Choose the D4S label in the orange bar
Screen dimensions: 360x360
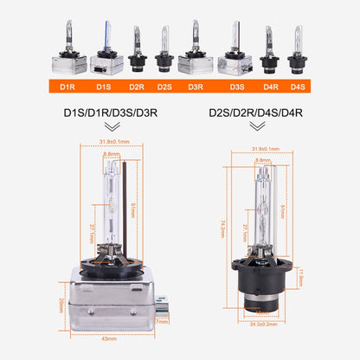(298, 86)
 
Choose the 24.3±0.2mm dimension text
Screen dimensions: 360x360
(261, 327)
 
